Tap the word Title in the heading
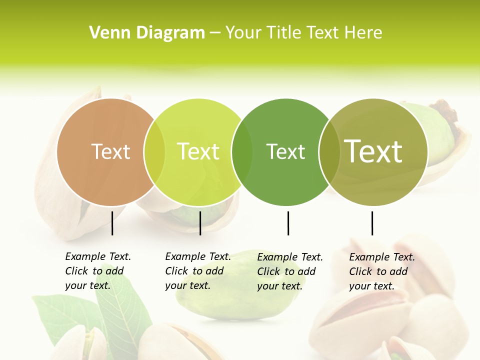pyautogui.click(x=285, y=33)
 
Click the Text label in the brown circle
pyautogui.click(x=110, y=151)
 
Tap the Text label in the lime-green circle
pyautogui.click(x=198, y=151)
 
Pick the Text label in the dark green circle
pyautogui.click(x=285, y=151)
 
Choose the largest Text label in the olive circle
pyautogui.click(x=373, y=151)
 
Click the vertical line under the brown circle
pyautogui.click(x=112, y=223)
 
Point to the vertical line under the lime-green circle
pyautogui.click(x=200, y=223)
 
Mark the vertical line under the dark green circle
pyautogui.click(x=288, y=223)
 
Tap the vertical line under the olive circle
pyautogui.click(x=372, y=223)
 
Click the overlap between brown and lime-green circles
pyautogui.click(x=154, y=152)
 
